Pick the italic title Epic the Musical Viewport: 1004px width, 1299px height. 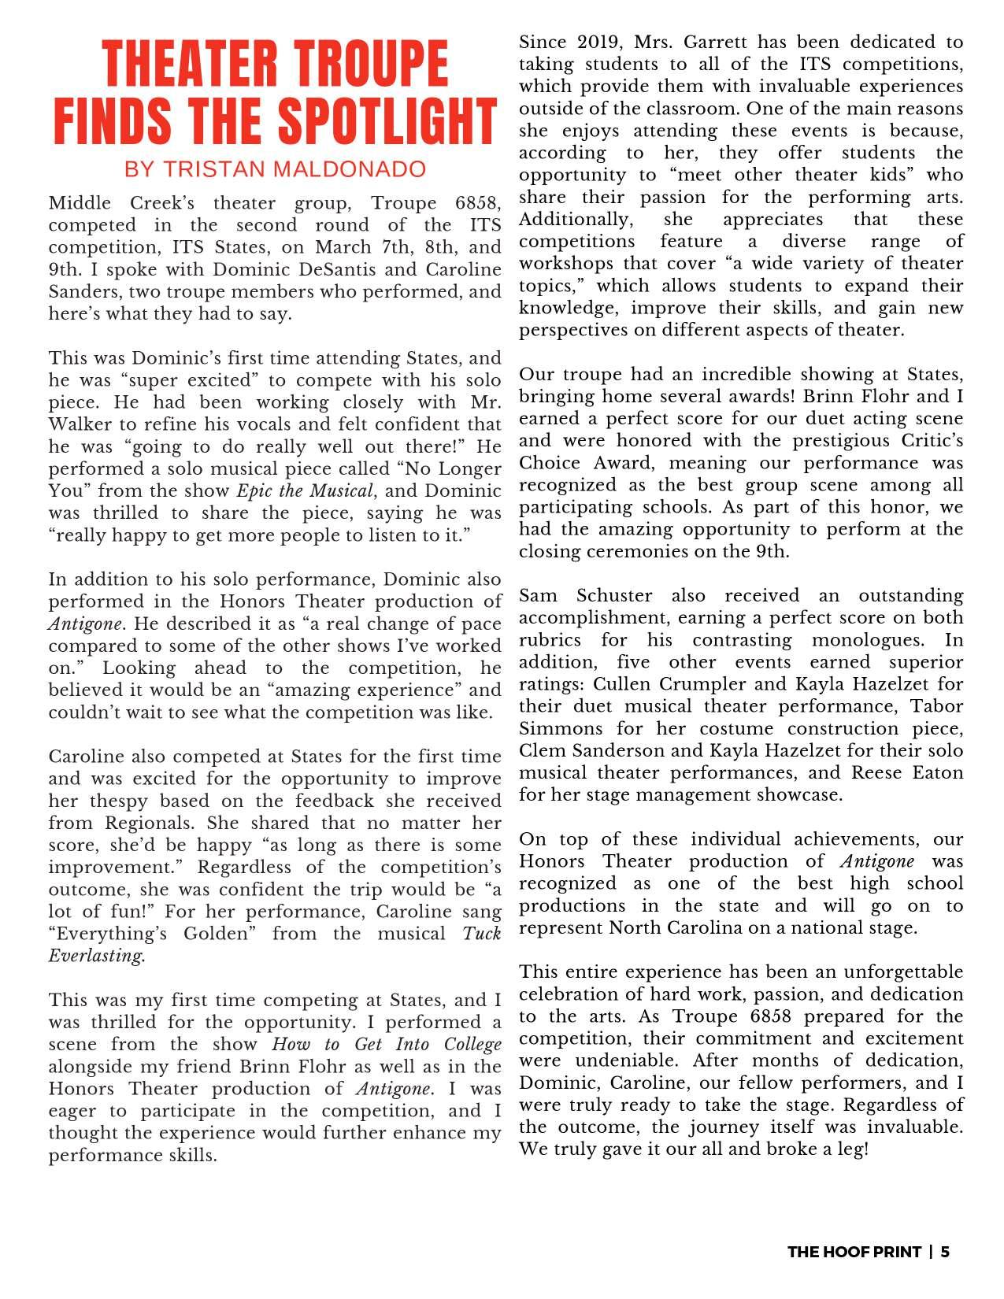coord(304,491)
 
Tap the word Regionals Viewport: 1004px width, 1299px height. coord(147,823)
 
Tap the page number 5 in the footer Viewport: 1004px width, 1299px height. coord(945,1252)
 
